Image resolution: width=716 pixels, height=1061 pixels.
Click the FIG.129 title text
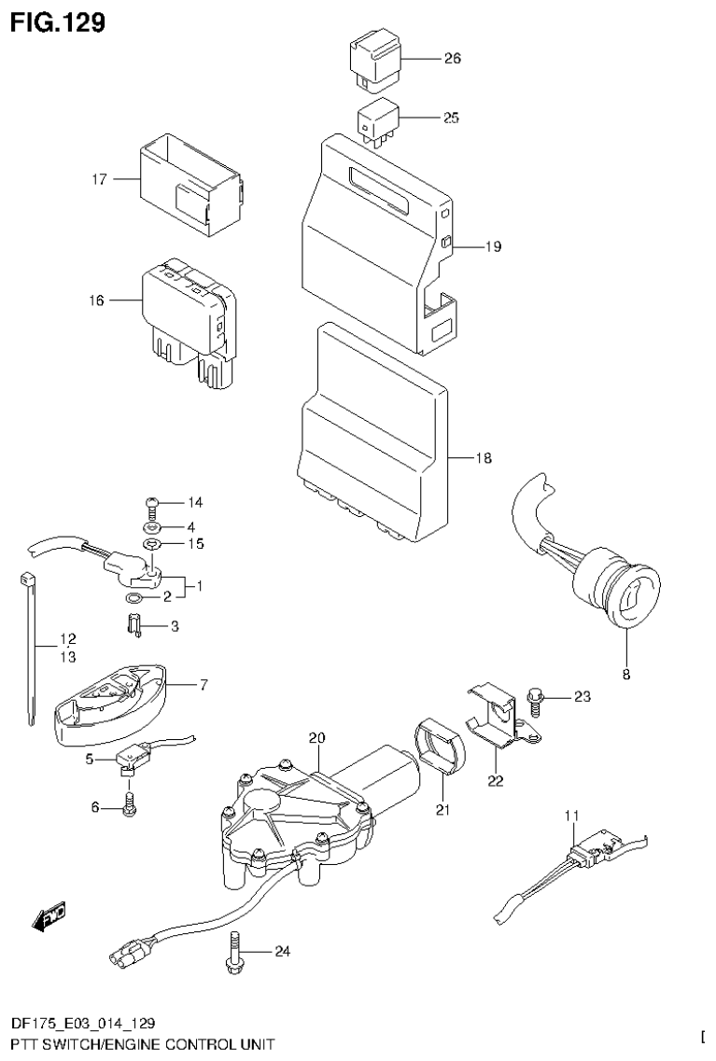click(58, 20)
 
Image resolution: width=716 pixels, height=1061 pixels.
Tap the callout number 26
click(452, 59)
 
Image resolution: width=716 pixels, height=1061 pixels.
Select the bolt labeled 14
click(152, 505)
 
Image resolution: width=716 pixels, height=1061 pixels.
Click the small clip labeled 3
click(133, 626)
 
